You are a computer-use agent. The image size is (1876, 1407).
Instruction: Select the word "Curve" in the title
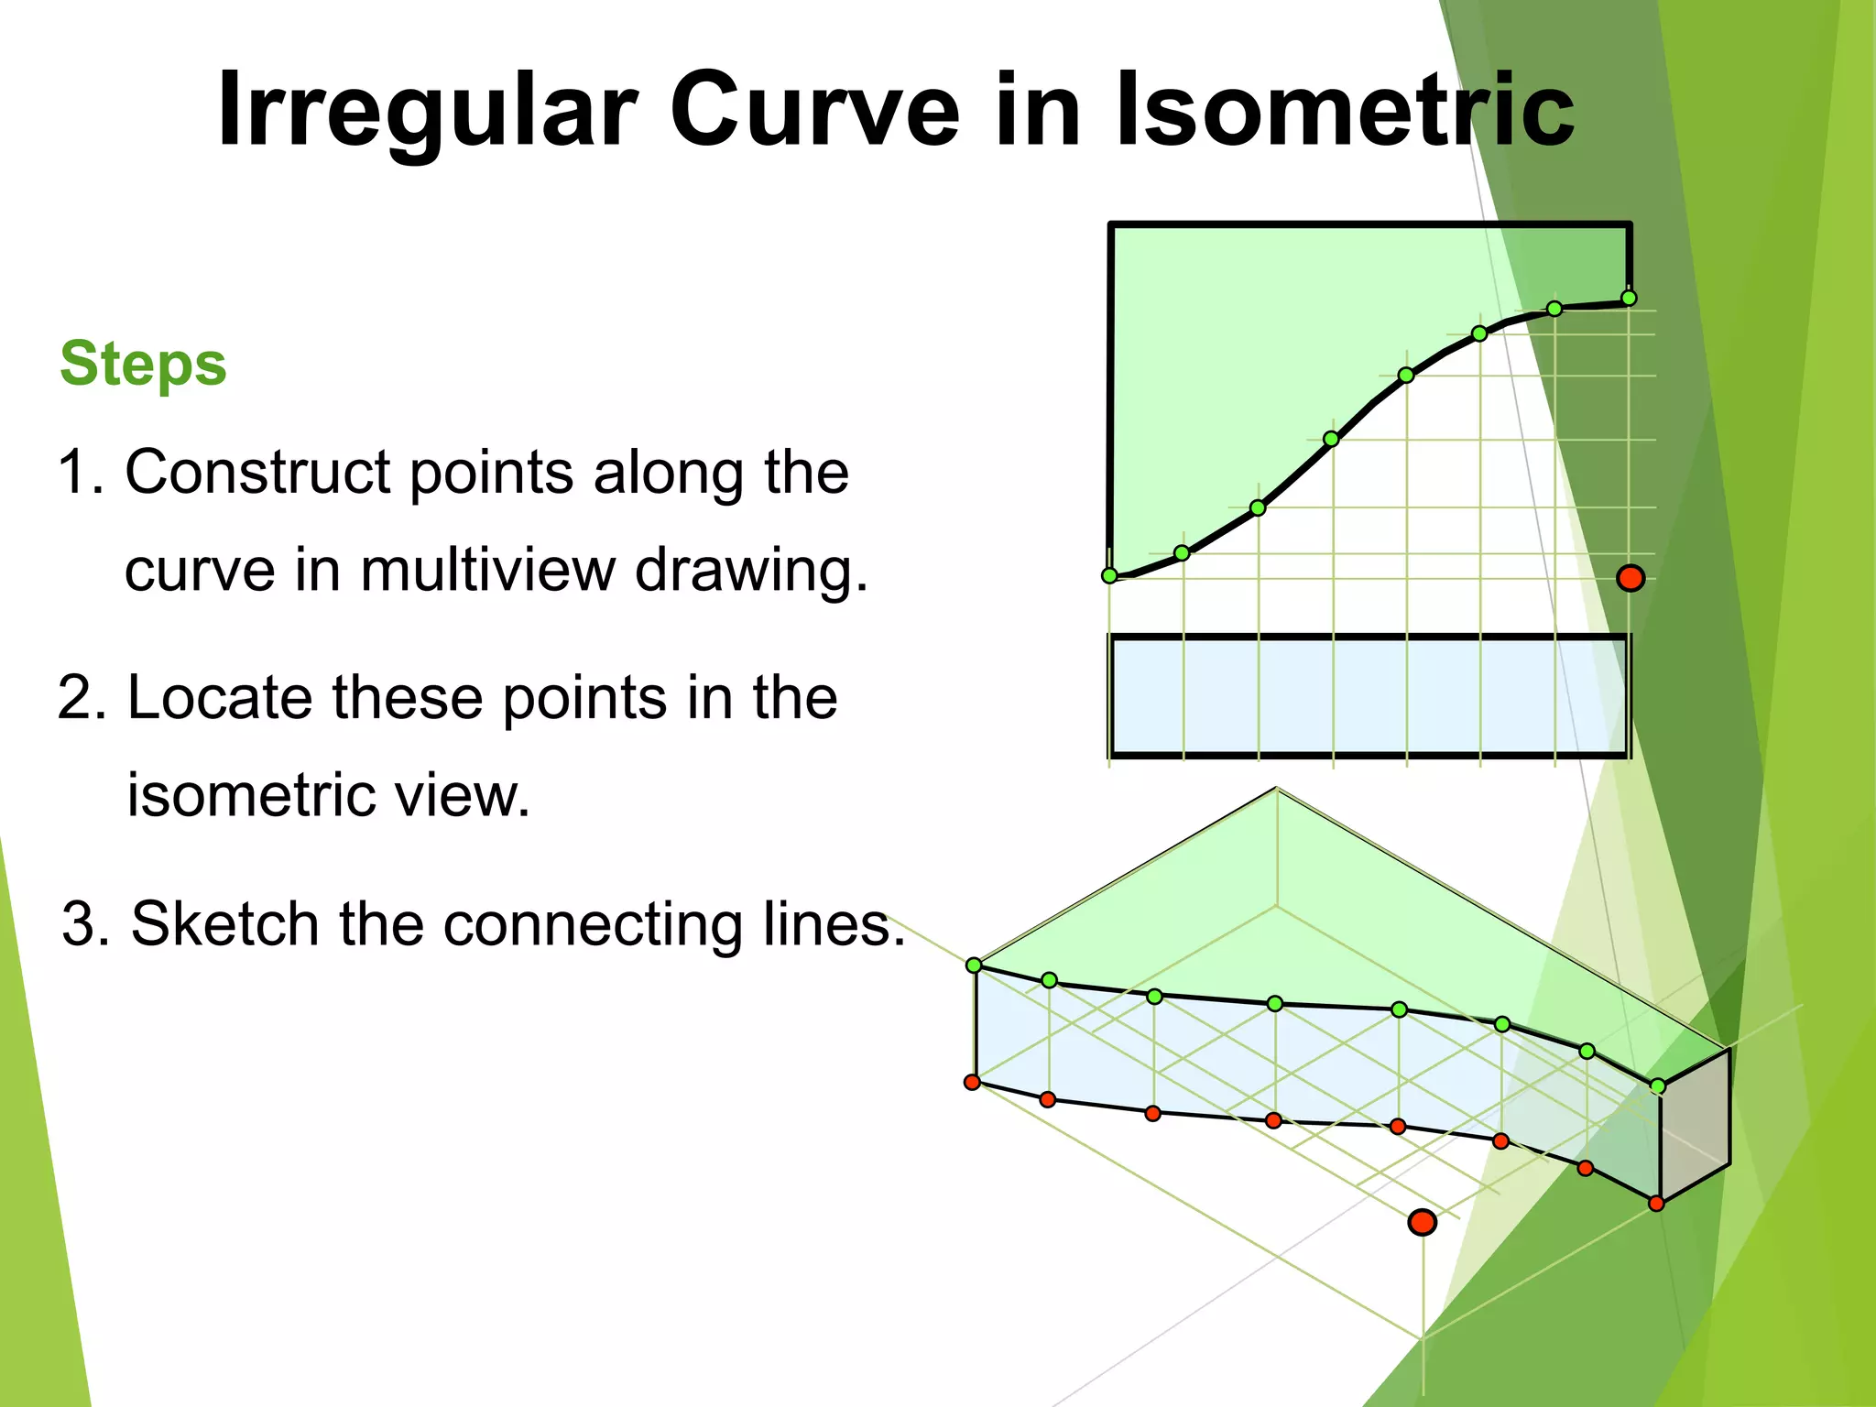click(814, 110)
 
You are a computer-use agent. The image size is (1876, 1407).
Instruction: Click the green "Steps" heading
click(143, 364)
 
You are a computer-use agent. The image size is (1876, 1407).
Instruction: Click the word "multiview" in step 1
click(488, 570)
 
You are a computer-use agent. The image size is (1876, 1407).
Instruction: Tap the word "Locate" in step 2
click(220, 698)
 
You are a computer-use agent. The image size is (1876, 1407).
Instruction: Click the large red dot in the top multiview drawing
click(1631, 578)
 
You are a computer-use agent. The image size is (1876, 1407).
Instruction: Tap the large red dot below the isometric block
click(1422, 1222)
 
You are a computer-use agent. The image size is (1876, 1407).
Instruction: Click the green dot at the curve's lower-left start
click(1109, 576)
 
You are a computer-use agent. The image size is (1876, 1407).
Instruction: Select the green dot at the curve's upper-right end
click(1629, 298)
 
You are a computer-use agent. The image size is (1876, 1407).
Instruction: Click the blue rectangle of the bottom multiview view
click(1369, 696)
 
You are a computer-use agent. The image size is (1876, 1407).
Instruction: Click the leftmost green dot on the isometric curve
click(975, 965)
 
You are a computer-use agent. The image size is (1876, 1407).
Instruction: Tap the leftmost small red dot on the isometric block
click(973, 1083)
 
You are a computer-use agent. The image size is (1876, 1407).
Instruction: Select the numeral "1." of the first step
click(81, 473)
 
